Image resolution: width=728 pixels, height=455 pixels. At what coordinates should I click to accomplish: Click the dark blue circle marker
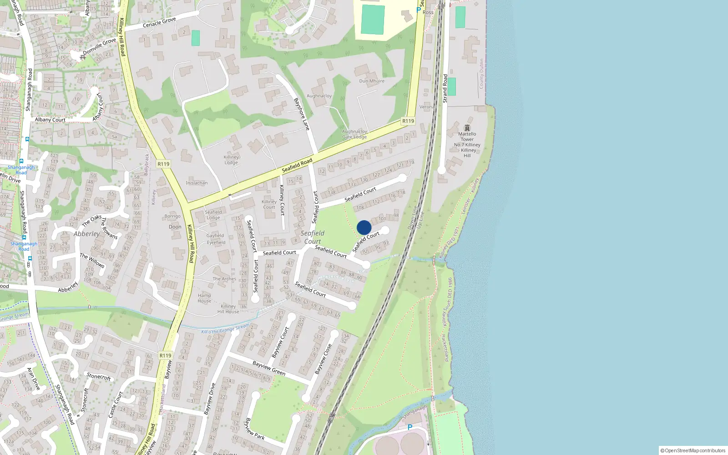[364, 227]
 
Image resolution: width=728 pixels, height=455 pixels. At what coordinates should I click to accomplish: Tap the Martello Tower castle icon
[467, 128]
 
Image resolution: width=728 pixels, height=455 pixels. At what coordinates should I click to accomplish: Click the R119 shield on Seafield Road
[408, 121]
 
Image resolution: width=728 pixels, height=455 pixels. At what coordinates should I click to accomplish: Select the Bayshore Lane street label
[302, 114]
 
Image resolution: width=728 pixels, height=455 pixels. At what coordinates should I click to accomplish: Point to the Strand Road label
[445, 88]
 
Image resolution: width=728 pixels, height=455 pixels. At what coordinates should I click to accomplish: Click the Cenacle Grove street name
[159, 22]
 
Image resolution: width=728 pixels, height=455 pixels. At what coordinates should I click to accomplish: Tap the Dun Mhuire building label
[372, 81]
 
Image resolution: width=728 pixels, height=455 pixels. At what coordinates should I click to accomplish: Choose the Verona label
[426, 107]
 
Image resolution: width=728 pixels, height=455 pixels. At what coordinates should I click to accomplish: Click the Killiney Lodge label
[231, 160]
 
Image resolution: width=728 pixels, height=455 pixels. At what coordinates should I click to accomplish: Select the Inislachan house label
[197, 183]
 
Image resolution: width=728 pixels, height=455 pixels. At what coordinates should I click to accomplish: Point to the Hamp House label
[204, 298]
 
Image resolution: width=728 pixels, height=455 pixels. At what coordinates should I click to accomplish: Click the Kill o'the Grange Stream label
[225, 329]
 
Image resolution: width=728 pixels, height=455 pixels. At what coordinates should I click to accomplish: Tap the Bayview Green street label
[269, 369]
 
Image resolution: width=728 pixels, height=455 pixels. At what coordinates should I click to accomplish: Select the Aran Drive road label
[33, 379]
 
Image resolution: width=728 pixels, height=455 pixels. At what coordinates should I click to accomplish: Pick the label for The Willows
[92, 260]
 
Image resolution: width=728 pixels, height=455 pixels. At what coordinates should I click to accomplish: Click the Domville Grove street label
[100, 46]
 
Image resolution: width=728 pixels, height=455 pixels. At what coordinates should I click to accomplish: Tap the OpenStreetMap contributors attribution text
[693, 450]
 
